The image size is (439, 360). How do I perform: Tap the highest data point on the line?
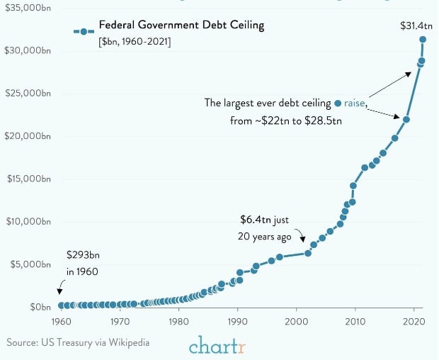click(x=423, y=40)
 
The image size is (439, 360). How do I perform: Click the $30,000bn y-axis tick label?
click(x=28, y=52)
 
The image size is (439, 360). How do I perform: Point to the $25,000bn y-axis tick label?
click(x=28, y=94)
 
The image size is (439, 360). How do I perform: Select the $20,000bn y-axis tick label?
click(x=28, y=137)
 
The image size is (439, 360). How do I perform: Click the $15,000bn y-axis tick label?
click(x=28, y=179)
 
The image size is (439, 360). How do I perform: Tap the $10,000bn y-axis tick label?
click(x=28, y=222)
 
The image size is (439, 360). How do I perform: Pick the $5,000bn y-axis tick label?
click(x=30, y=264)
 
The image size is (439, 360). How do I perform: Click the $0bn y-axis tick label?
click(x=38, y=307)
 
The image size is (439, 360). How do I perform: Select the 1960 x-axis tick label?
click(x=60, y=322)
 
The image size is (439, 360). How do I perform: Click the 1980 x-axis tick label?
click(x=178, y=322)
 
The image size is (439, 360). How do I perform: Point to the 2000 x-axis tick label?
click(x=296, y=322)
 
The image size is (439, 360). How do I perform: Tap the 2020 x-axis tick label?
click(x=414, y=322)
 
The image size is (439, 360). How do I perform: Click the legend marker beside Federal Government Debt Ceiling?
click(x=84, y=31)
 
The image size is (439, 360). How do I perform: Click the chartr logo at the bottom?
click(x=219, y=345)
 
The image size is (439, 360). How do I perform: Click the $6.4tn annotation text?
click(x=263, y=220)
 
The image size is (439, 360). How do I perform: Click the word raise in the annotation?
click(x=355, y=103)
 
